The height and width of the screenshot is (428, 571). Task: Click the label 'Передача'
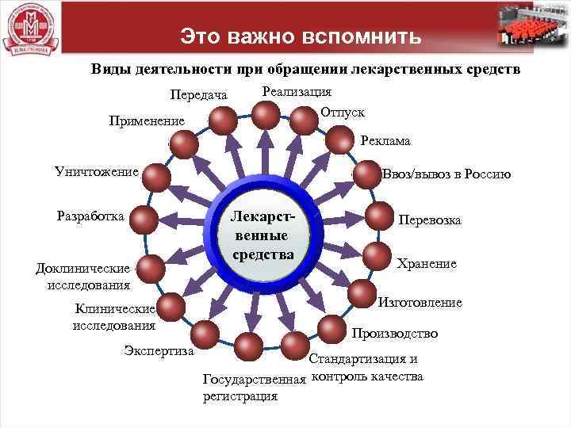point(198,96)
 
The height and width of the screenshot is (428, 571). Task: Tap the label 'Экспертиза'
point(160,350)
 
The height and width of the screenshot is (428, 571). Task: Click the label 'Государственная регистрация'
point(253,388)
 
